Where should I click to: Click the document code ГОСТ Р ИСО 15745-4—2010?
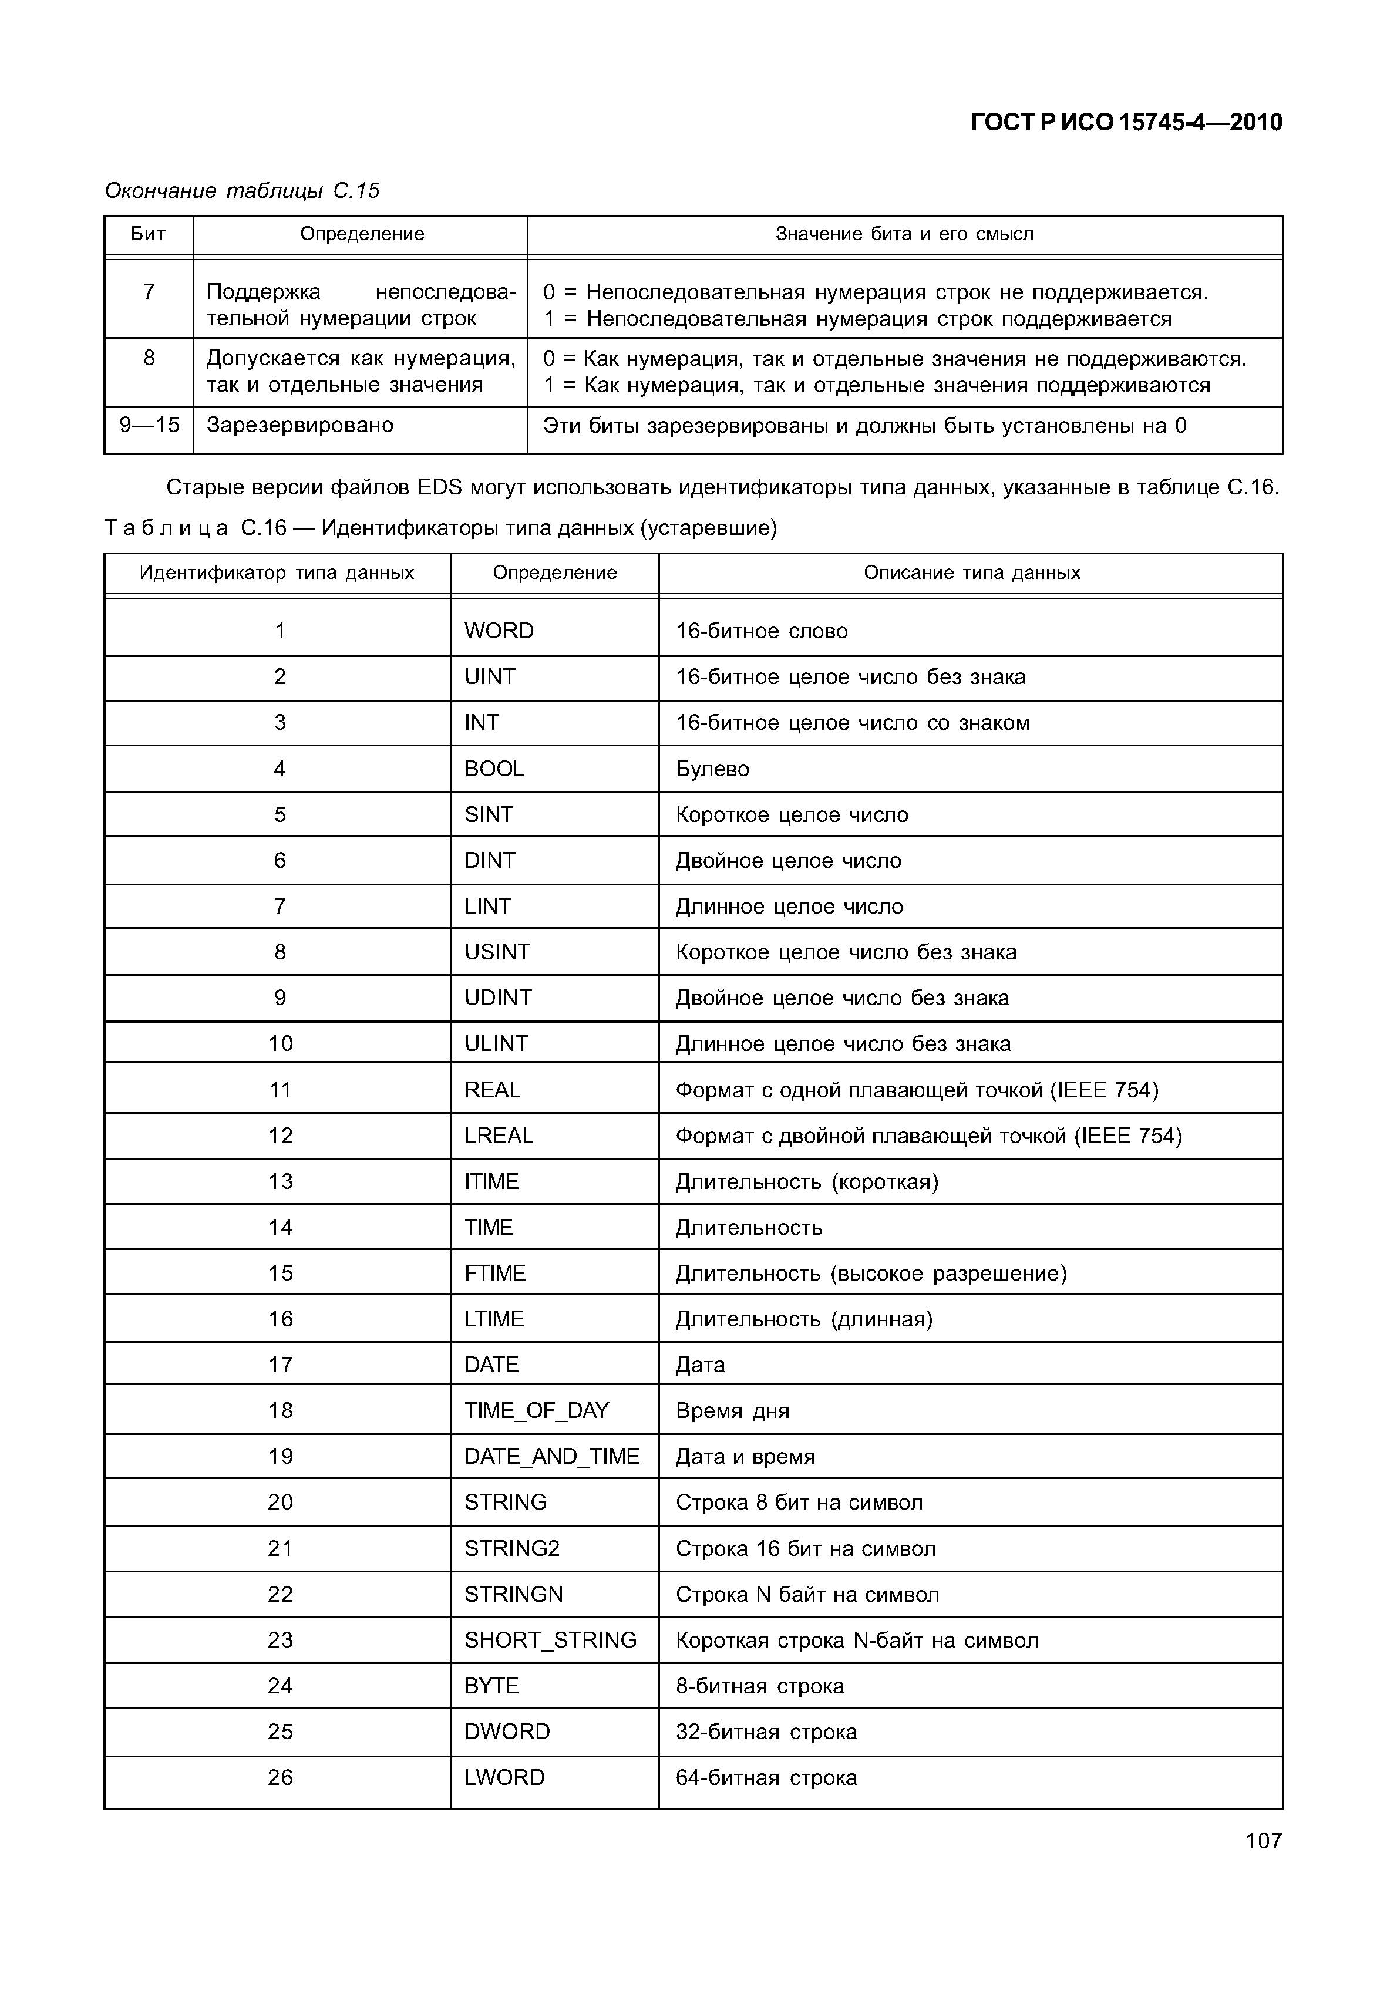(x=1126, y=123)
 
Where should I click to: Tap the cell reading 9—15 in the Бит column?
(x=150, y=425)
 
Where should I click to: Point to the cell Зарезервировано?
(x=300, y=425)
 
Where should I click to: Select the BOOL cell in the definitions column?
(x=494, y=769)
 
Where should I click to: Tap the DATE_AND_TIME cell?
(x=552, y=1457)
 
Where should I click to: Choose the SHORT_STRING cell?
(x=550, y=1640)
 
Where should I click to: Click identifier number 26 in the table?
(x=280, y=1777)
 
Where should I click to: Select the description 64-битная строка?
(x=766, y=1777)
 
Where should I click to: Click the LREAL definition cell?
(x=498, y=1136)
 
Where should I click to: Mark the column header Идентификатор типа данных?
(x=277, y=572)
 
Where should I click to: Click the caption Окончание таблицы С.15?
(x=241, y=190)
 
